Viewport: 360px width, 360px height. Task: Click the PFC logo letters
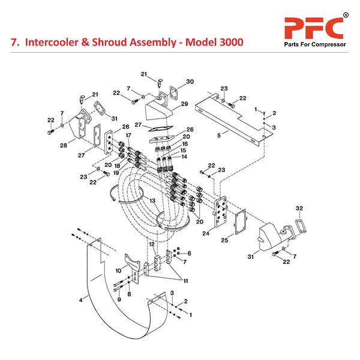pos(313,27)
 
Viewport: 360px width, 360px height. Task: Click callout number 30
pos(190,82)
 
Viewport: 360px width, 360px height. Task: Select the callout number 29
pos(184,104)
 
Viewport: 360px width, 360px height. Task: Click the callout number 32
pos(300,208)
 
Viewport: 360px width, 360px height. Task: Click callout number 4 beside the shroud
pos(80,298)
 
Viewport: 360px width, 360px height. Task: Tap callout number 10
pos(118,271)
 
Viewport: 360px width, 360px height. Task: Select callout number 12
pos(152,244)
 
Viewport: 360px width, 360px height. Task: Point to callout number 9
pos(118,299)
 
